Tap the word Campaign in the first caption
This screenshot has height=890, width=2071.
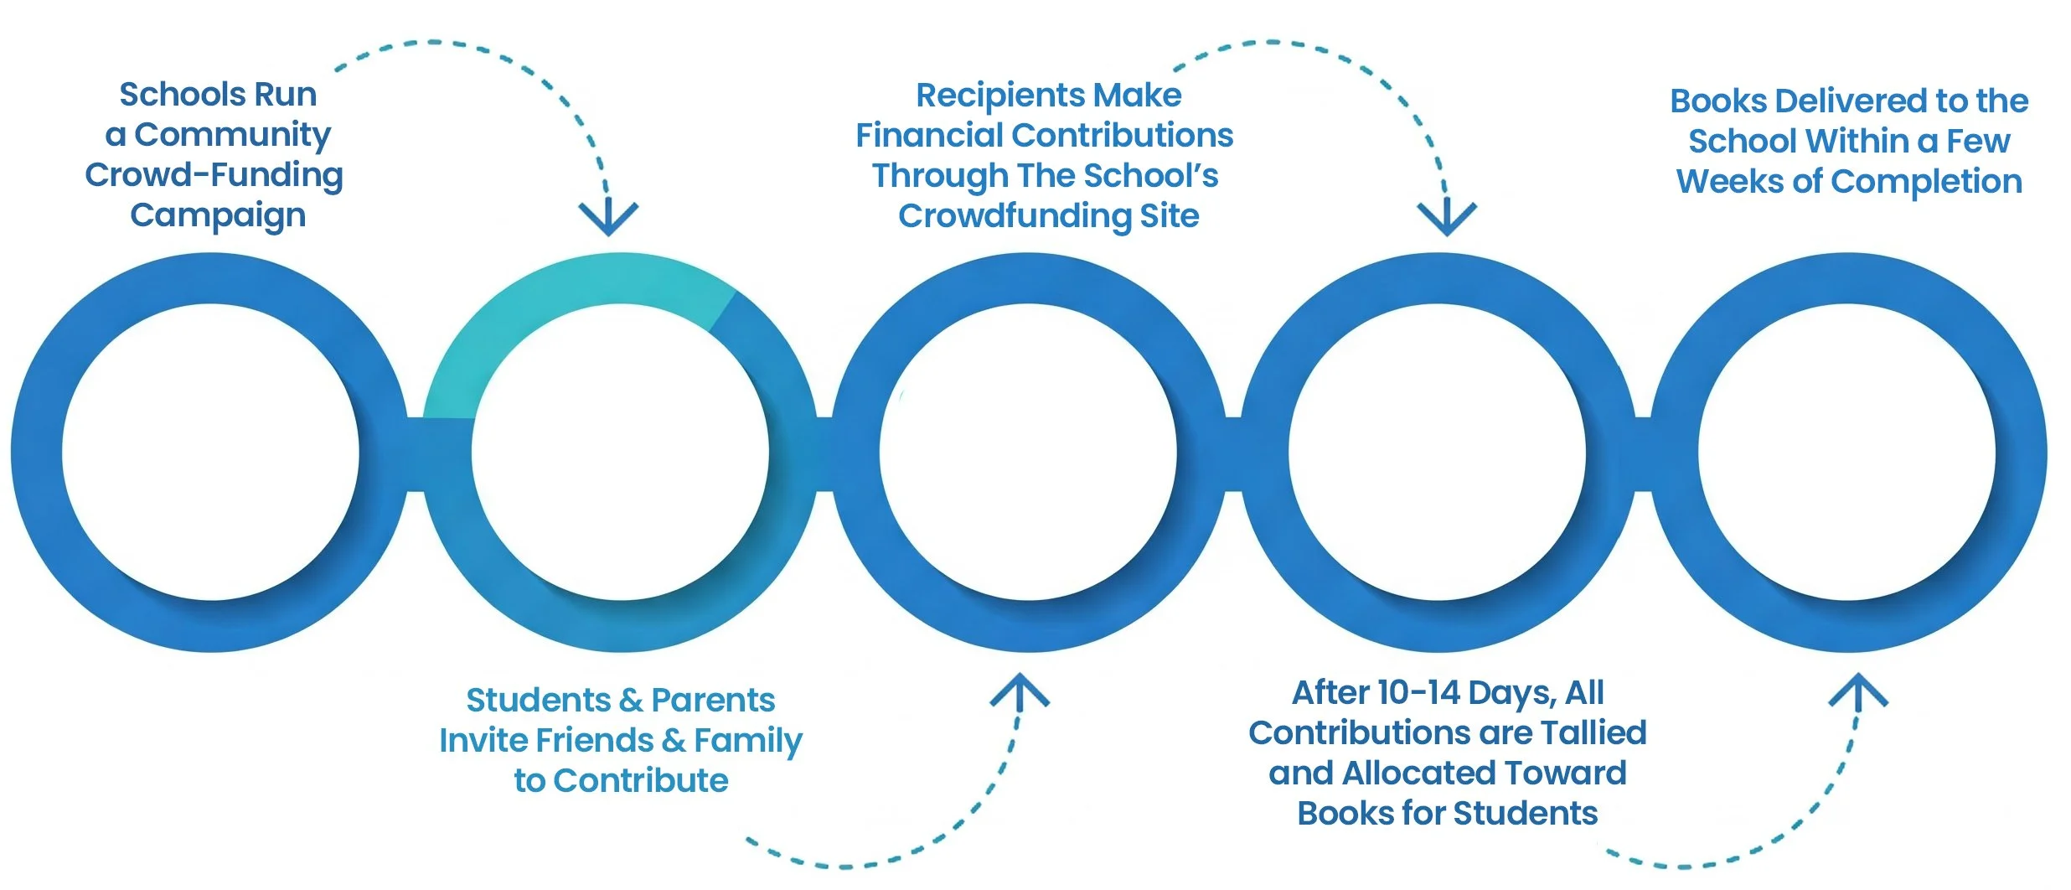218,215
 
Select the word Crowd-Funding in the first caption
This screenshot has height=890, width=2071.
214,175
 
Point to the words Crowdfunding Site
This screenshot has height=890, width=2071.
1048,216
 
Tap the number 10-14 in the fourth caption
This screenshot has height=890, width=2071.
1418,693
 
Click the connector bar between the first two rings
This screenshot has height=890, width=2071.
416,453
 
